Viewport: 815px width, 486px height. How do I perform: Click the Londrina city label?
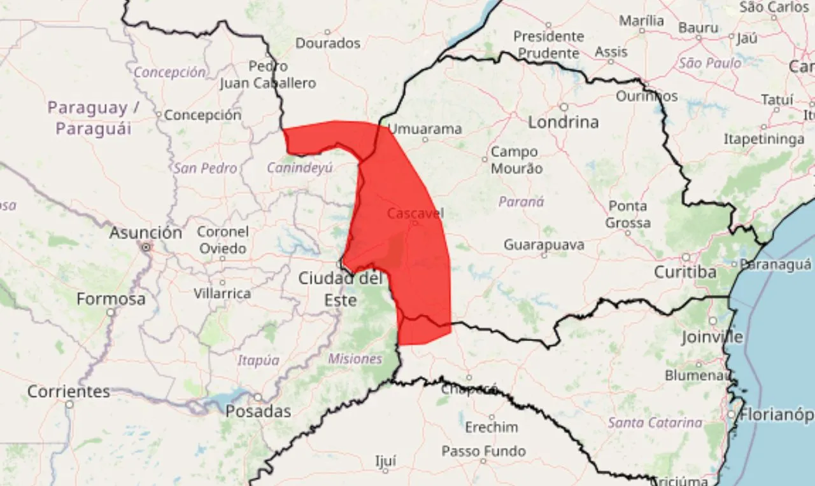[x=563, y=122]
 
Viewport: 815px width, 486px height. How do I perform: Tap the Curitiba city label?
[x=685, y=272]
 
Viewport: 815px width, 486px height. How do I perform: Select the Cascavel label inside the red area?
[x=415, y=213]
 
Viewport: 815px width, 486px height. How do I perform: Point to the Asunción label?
[x=145, y=233]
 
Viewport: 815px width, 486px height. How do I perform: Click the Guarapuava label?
[x=544, y=245]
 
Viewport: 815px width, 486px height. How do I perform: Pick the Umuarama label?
[x=425, y=129]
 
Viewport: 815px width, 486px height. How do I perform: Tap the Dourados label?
[x=328, y=43]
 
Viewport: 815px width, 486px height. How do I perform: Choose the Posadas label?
[x=258, y=412]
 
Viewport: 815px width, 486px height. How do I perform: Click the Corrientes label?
[x=69, y=391]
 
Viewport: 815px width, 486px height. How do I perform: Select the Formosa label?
[x=111, y=299]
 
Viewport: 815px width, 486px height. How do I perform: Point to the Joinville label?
[x=712, y=337]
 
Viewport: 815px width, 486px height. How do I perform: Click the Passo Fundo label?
[x=484, y=451]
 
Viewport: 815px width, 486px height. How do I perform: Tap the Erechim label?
[x=491, y=427]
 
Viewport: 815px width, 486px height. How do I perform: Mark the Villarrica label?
[x=222, y=293]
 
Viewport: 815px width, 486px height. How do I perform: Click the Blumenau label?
[x=698, y=375]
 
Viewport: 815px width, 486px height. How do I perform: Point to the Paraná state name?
[x=521, y=202]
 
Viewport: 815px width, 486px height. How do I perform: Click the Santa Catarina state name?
[x=655, y=422]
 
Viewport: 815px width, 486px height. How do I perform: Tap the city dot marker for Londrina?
[x=563, y=107]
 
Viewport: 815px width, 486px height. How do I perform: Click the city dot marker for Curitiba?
[x=686, y=258]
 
